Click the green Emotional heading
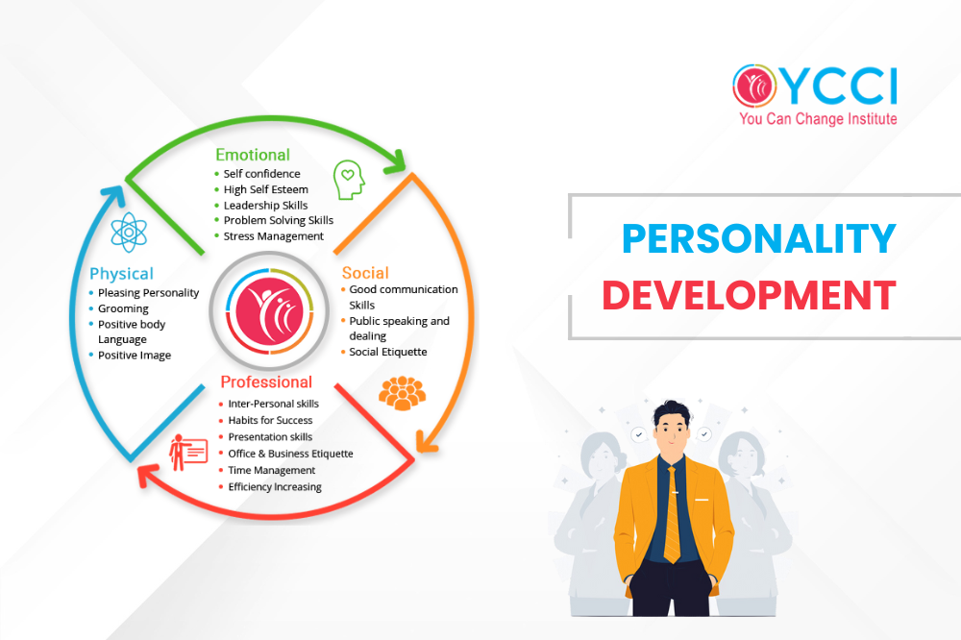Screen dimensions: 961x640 (x=253, y=155)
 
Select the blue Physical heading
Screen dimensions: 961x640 (x=121, y=274)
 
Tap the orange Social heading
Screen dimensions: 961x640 (x=365, y=273)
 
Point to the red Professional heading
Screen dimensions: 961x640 (x=266, y=382)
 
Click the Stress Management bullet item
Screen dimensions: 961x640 (x=273, y=236)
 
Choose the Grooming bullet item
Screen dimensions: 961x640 (x=123, y=308)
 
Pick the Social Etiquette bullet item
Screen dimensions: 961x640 (x=388, y=352)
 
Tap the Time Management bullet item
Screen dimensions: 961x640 (x=272, y=470)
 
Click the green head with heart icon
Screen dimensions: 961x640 (x=349, y=180)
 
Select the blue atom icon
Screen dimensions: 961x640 (x=129, y=233)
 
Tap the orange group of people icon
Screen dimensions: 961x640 (x=402, y=393)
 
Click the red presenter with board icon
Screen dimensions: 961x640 (x=188, y=453)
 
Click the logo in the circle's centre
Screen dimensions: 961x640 (x=270, y=311)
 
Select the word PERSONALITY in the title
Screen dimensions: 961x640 (x=759, y=238)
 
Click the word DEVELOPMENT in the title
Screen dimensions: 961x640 (x=749, y=295)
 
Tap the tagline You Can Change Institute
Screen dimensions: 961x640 (x=818, y=119)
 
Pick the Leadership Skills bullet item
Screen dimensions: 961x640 (x=265, y=206)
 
